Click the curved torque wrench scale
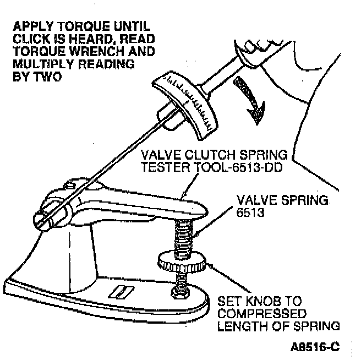pos(185,105)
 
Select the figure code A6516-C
pos(315,347)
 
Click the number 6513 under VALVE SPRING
pos(250,212)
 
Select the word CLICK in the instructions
pos(32,39)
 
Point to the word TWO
pos(48,77)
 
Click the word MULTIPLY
pos(43,64)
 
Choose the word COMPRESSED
pos(262,313)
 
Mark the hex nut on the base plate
pos(180,293)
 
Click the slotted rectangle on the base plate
pos(121,292)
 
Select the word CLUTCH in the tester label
pos(210,155)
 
